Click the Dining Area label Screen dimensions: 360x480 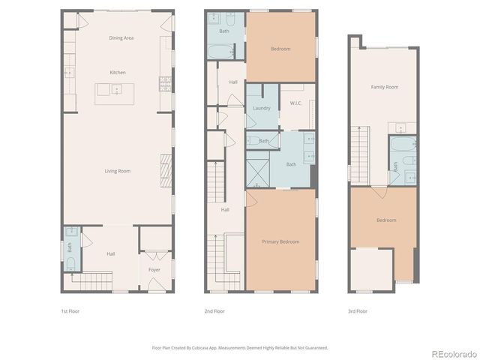point(121,37)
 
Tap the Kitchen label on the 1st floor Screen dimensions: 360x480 point(118,72)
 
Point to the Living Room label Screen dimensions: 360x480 point(118,171)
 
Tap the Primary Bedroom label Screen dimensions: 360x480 point(280,241)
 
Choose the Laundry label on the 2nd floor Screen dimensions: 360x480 point(261,108)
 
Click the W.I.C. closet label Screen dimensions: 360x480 point(295,104)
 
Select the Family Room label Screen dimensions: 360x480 point(384,87)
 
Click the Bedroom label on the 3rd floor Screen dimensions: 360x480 point(386,220)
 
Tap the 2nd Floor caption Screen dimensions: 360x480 point(214,310)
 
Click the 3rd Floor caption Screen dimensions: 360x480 point(357,310)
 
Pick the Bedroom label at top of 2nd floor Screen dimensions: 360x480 point(280,49)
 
